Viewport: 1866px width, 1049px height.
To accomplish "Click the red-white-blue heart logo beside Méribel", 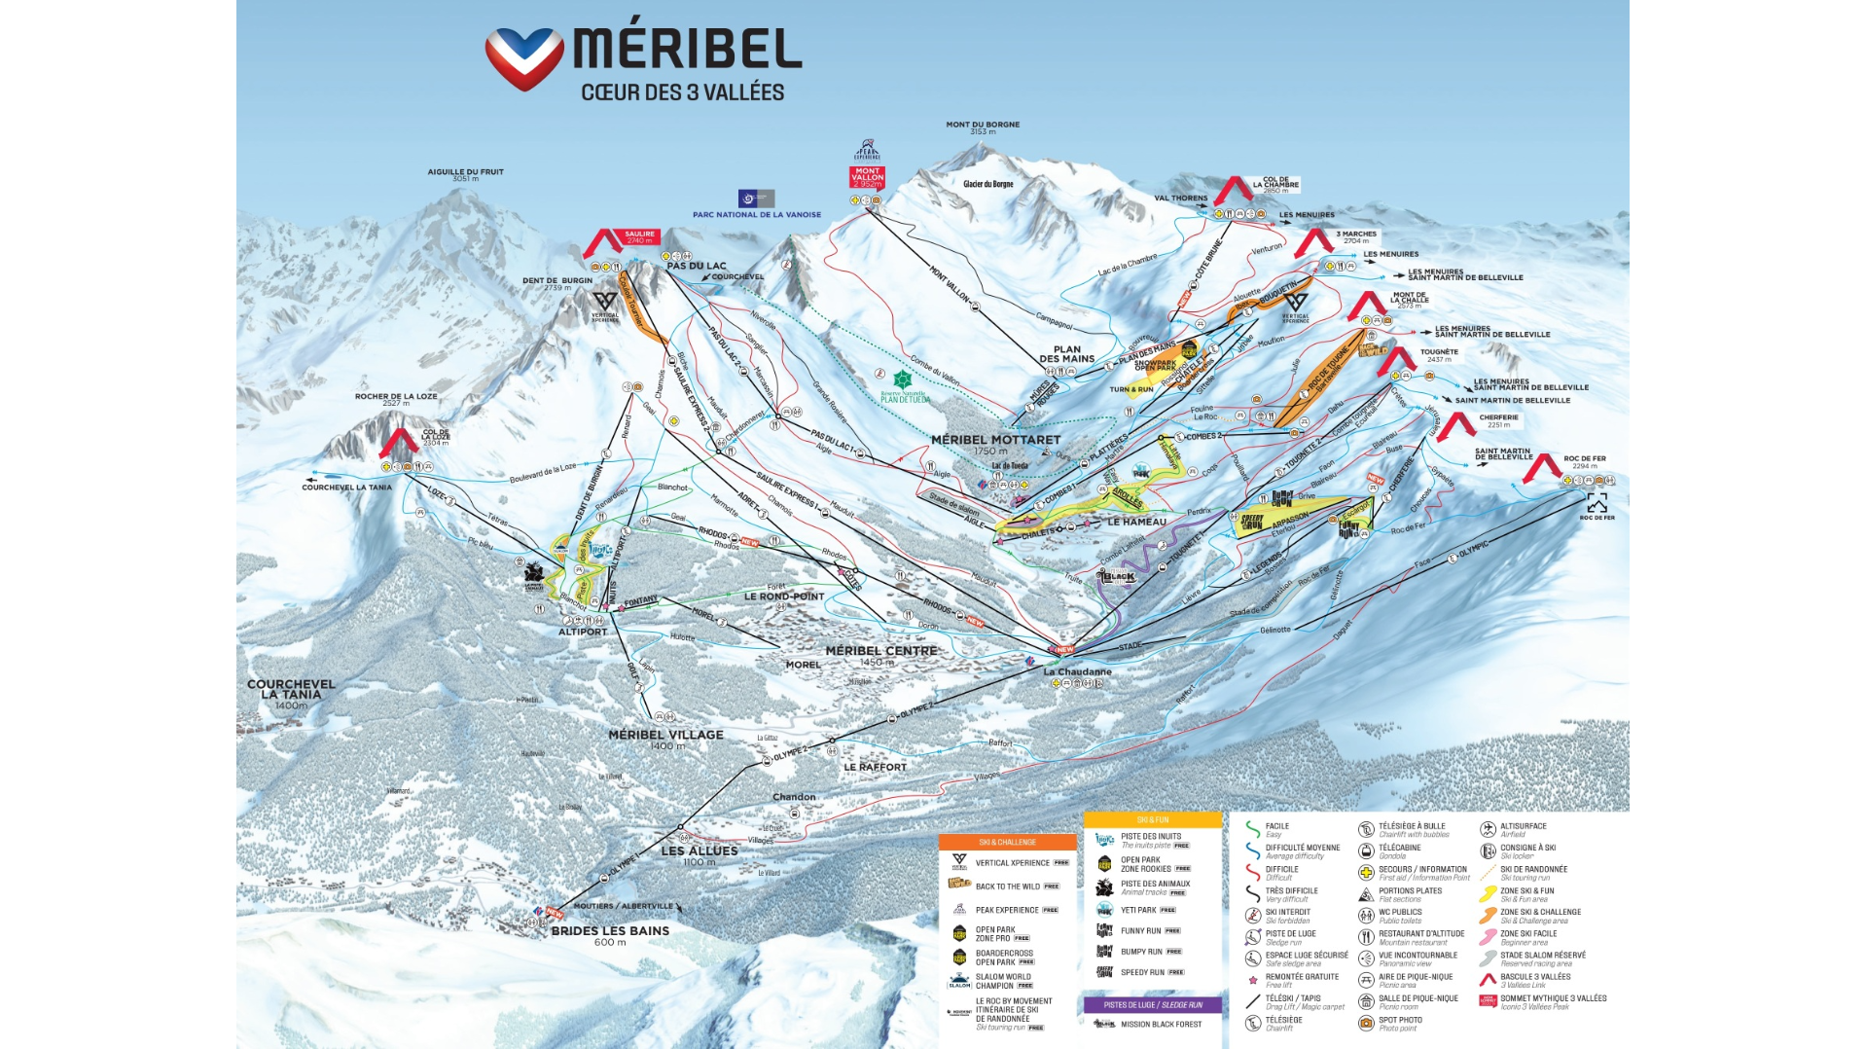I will pos(524,57).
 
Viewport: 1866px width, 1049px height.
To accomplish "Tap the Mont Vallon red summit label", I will pos(867,177).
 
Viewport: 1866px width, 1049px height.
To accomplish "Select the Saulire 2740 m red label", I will pos(639,236).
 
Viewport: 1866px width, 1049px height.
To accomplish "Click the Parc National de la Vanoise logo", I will pos(756,199).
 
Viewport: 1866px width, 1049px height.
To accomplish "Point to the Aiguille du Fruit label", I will pos(465,174).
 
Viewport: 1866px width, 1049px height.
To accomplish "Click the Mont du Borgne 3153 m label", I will pos(983,127).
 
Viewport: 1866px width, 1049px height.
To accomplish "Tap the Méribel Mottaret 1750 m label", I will pos(995,444).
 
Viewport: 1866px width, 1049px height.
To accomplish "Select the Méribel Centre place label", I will pos(881,655).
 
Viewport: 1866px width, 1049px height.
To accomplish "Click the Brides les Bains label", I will pos(610,934).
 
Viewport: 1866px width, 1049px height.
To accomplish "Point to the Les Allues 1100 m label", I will pos(700,854).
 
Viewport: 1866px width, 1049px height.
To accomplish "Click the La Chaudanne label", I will pos(1077,671).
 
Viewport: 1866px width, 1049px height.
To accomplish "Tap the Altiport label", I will pos(583,632).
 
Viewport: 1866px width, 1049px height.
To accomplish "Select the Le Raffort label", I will pos(875,767).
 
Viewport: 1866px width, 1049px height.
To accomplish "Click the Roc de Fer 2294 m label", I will pos(1585,461).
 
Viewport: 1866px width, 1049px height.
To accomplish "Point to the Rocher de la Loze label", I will pos(396,399).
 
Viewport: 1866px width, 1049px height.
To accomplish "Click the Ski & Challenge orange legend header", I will pos(1007,842).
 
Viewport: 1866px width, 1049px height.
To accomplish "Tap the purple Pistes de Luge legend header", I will pos(1153,1004).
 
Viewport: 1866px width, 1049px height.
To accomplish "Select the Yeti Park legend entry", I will pos(1138,910).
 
